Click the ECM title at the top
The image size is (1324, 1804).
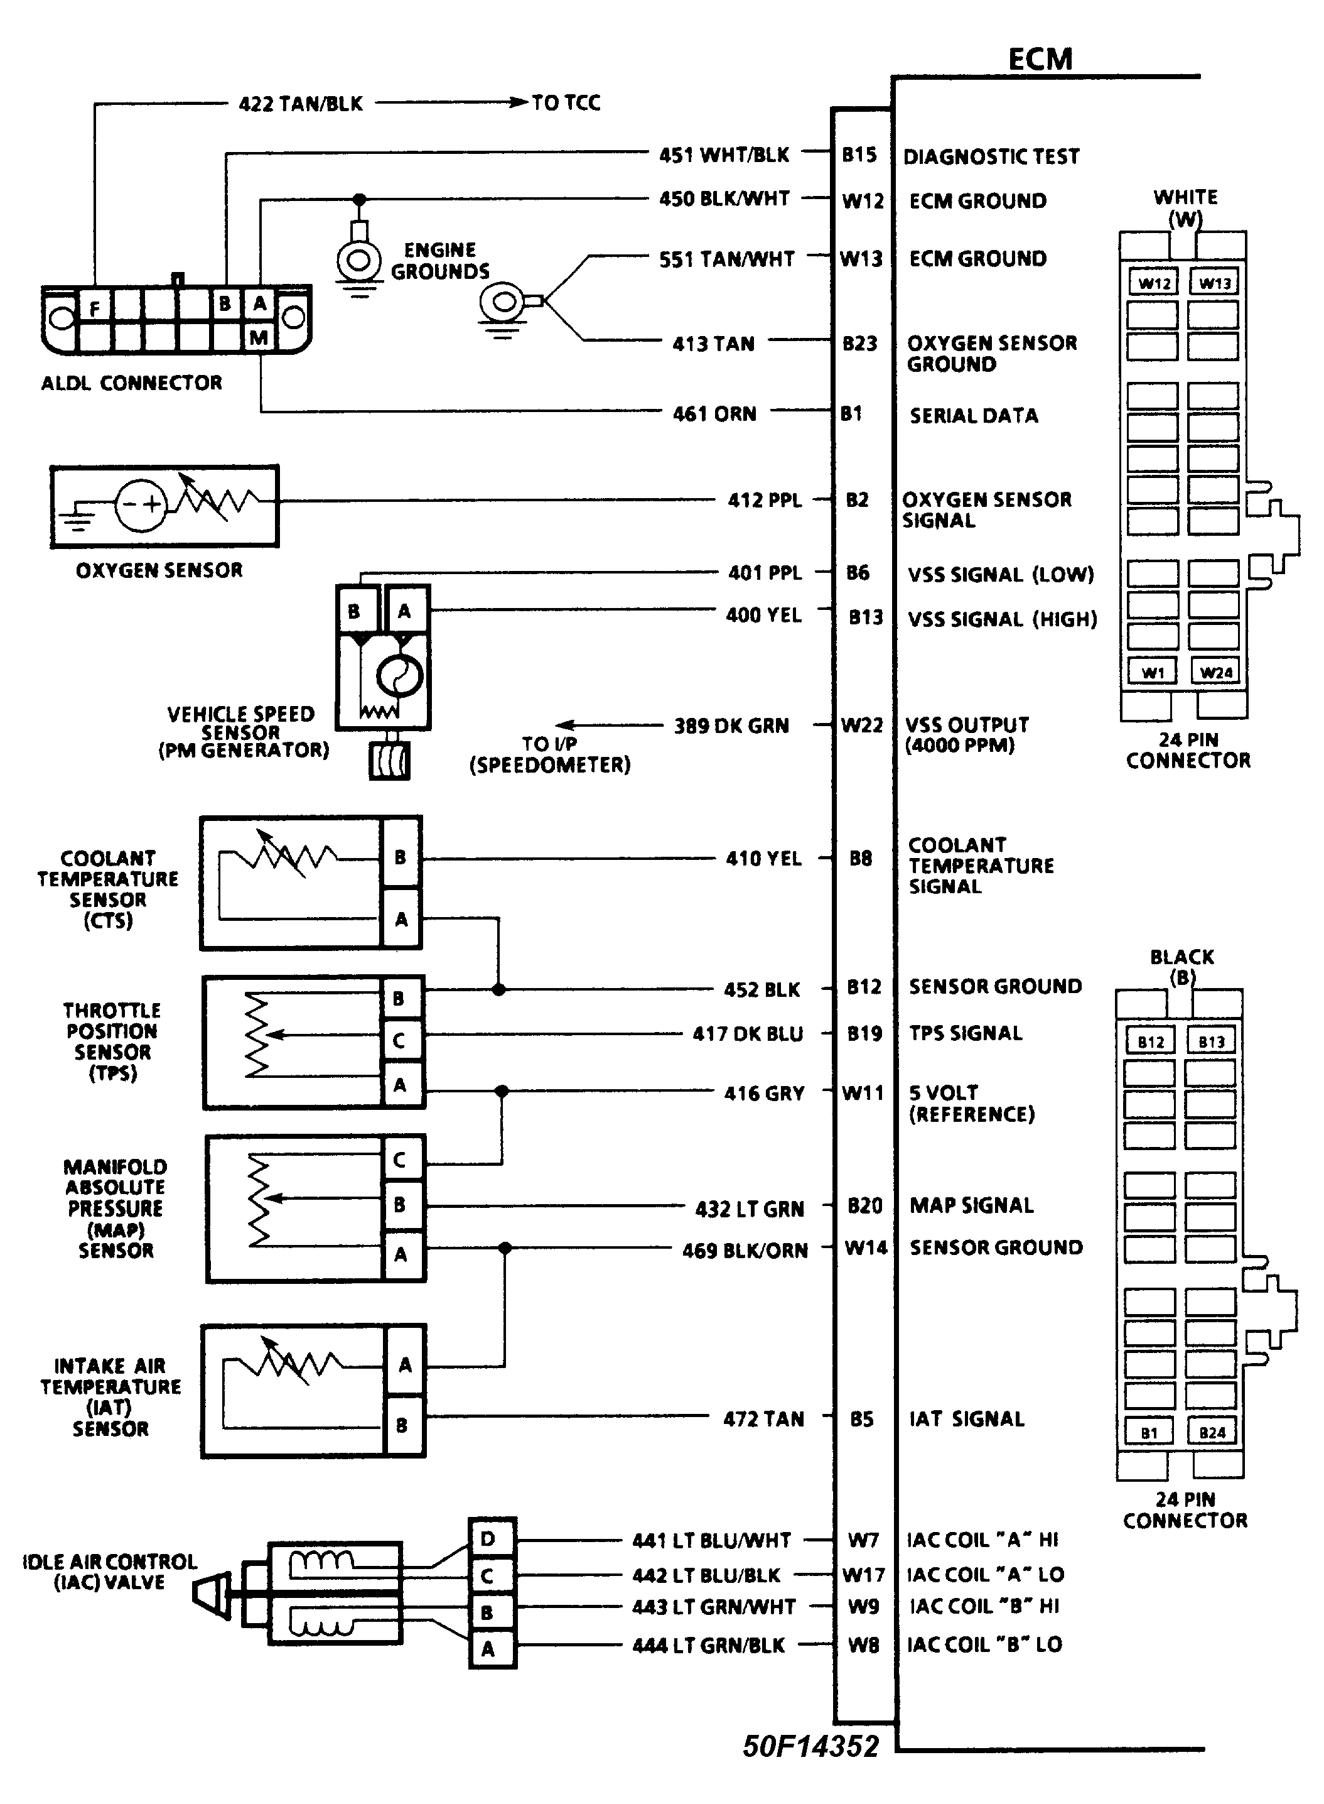pos(1040,59)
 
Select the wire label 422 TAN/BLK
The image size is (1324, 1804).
pos(301,104)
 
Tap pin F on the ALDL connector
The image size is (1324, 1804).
pos(95,307)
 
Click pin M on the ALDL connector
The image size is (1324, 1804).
pos(258,337)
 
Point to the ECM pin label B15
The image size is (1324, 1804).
pos(859,154)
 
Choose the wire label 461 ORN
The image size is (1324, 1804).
pos(714,414)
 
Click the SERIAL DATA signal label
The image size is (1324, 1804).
pos(974,415)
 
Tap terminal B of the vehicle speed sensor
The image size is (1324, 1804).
pos(354,611)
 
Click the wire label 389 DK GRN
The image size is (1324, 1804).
pos(731,725)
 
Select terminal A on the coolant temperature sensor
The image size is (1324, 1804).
pos(401,919)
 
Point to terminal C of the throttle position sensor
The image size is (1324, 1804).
pos(398,1041)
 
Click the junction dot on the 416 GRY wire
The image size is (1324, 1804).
pos(502,1091)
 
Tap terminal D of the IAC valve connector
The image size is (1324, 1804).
pos(488,1538)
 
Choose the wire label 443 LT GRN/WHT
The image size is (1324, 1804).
pos(713,1607)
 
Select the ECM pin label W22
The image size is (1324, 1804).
pos(861,725)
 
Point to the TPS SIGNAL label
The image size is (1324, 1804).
pos(966,1033)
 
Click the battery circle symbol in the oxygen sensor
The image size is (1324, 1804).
pos(141,505)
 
